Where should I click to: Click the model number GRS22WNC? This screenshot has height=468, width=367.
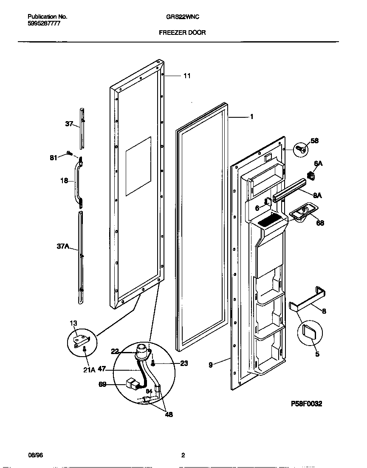(183, 17)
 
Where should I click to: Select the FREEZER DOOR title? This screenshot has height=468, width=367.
(182, 32)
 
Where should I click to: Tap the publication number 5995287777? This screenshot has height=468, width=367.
(44, 24)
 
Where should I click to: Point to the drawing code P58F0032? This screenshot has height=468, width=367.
(306, 403)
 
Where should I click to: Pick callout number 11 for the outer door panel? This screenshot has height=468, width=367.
(187, 76)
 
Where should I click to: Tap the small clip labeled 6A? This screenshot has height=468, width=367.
(310, 175)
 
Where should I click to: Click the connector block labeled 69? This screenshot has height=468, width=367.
(133, 385)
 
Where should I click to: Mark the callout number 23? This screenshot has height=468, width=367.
(184, 363)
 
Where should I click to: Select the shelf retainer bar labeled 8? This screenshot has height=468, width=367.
(308, 301)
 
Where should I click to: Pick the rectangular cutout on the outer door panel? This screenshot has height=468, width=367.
(138, 167)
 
